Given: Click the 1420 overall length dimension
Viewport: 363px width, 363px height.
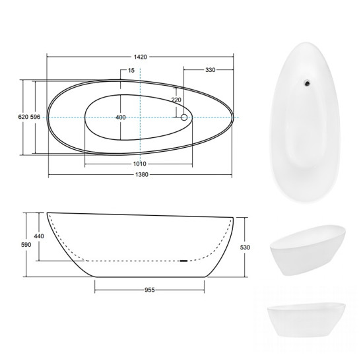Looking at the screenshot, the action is point(141,57).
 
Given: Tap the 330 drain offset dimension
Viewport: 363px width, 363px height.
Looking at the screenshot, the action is point(210,70).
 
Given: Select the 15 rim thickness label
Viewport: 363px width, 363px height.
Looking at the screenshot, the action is point(131,70).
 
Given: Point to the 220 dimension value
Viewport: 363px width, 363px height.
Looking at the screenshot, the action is point(176,100).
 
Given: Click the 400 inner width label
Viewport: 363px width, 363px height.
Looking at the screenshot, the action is point(121,117).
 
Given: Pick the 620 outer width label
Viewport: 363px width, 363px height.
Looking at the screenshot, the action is point(23,117).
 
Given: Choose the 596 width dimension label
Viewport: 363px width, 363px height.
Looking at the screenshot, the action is point(35,117).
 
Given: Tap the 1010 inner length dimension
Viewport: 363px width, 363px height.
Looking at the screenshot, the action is point(140,164).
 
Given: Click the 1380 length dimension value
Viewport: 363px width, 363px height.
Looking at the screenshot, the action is point(141,174).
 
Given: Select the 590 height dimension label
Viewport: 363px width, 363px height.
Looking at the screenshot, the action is point(26,245).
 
